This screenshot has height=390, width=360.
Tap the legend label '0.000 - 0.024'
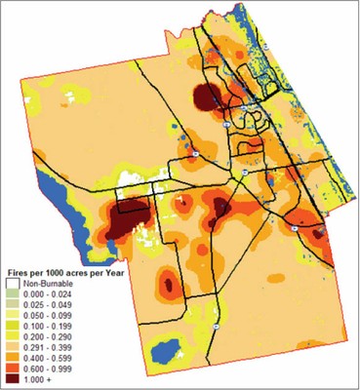coord(43,290)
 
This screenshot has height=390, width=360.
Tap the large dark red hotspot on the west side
coord(125,217)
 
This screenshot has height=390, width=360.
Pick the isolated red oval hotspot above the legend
coord(168,284)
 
